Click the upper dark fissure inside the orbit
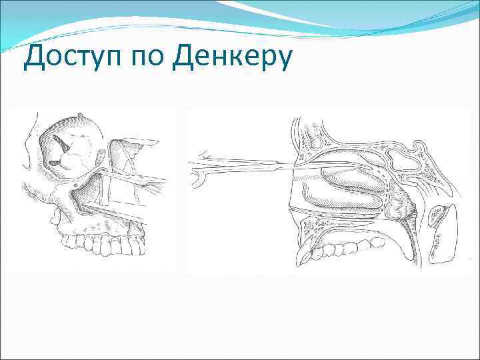pyautogui.click(x=63, y=141)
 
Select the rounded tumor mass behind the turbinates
pyautogui.click(x=400, y=203)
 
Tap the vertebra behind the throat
pyautogui.click(x=441, y=233)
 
